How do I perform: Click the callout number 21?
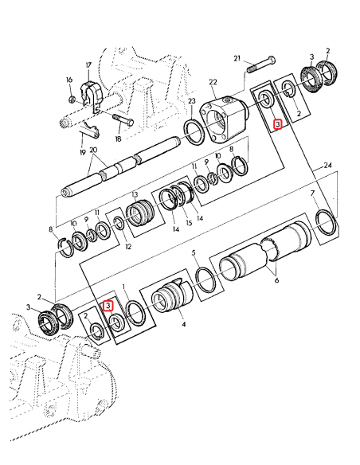point(237,58)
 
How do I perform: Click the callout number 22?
point(212,83)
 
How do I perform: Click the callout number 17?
point(89,66)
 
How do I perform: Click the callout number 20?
point(94,149)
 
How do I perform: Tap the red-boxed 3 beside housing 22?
point(276,124)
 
